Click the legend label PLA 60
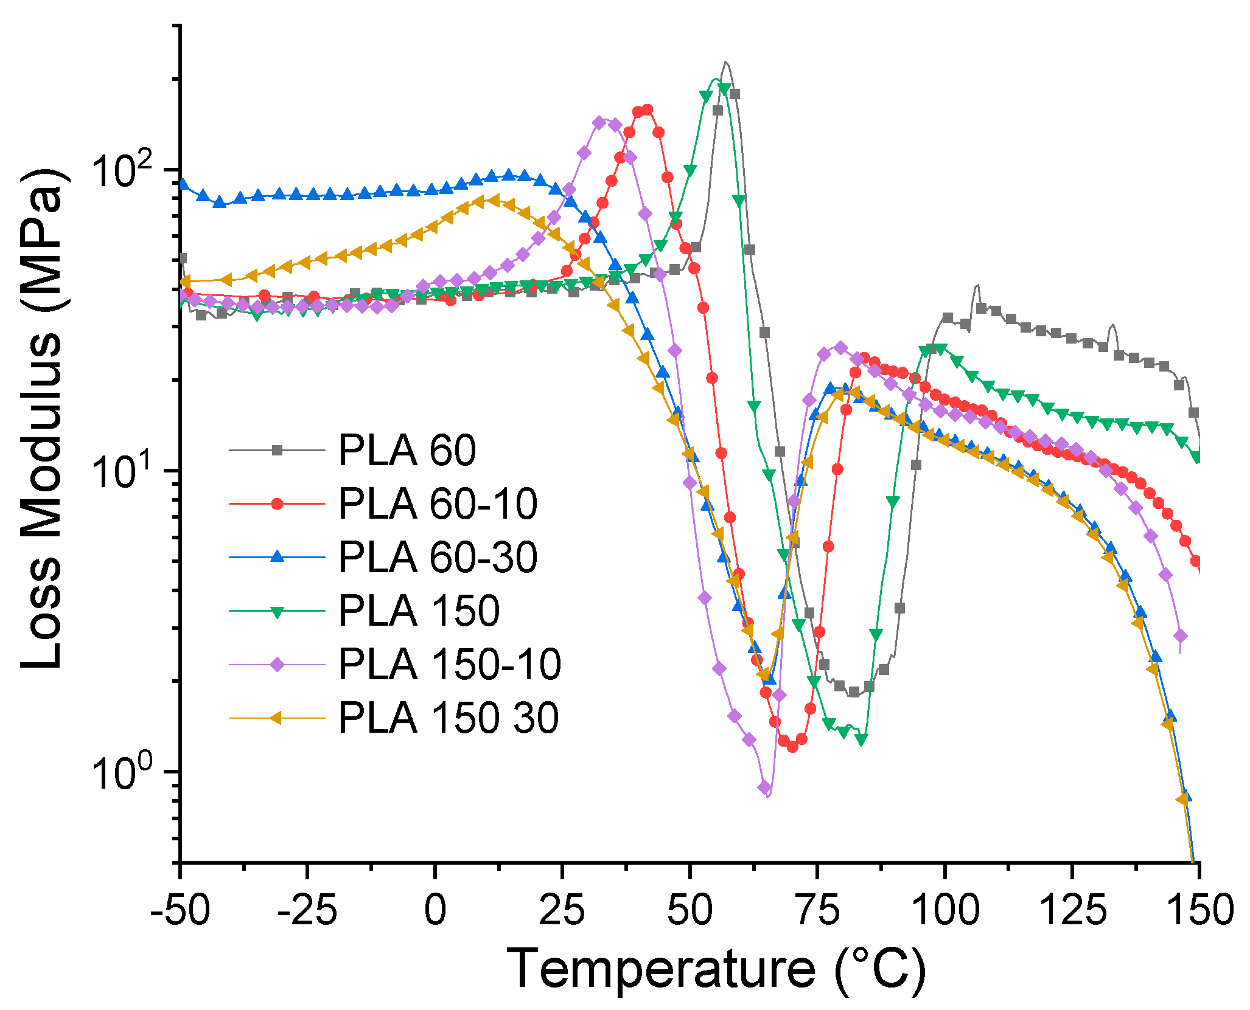(407, 451)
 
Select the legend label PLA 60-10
(438, 504)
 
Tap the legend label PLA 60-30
(438, 557)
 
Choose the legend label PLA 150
(419, 610)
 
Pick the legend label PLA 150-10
(449, 664)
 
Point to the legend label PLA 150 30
(448, 718)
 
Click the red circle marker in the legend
(278, 504)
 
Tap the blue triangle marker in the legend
(278, 556)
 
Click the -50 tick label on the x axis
(180, 911)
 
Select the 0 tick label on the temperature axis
(435, 911)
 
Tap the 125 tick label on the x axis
(1072, 911)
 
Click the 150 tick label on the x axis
(1199, 911)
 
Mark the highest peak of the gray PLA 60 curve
(725, 62)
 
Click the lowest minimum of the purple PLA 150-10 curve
(767, 795)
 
